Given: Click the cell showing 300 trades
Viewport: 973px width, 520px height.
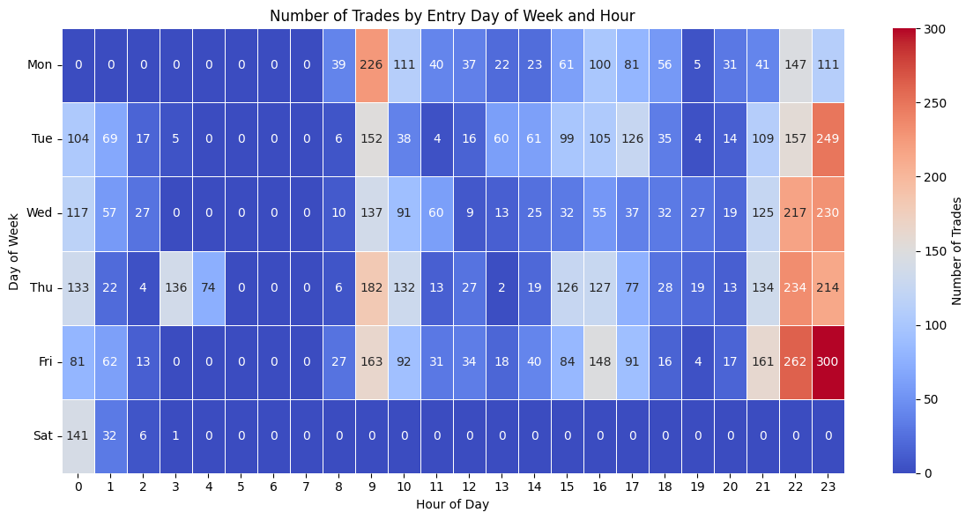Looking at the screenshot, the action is tap(828, 361).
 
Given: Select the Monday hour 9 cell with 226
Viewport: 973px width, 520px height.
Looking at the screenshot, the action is tap(372, 64).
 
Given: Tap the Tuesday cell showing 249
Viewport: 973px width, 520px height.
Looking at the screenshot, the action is tap(828, 139).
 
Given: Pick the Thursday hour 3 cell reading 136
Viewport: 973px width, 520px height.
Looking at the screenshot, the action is tap(176, 287).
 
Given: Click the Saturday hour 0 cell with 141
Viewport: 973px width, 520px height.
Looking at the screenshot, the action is tap(78, 436).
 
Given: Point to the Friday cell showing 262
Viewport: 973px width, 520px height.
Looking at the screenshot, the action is tap(796, 361).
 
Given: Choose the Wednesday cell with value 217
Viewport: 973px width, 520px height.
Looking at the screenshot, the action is tap(796, 213).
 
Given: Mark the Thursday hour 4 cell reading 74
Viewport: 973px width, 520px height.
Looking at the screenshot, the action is tap(209, 287).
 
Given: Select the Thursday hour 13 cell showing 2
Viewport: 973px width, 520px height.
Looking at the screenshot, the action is tap(502, 287).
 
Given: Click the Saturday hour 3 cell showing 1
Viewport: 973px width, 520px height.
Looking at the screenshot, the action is tap(176, 436).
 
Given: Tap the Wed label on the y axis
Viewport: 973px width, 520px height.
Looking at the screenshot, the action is tap(39, 213).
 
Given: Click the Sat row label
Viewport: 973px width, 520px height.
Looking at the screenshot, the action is tap(43, 436).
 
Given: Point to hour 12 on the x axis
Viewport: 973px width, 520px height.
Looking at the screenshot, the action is tap(469, 487).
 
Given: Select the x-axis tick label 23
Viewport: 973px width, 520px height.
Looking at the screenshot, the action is tap(828, 487).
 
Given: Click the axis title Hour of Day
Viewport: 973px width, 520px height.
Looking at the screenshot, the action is tap(452, 504).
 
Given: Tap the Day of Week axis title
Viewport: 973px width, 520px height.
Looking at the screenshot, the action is tap(15, 250).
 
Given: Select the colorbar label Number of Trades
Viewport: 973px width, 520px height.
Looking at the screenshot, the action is tap(957, 251).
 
